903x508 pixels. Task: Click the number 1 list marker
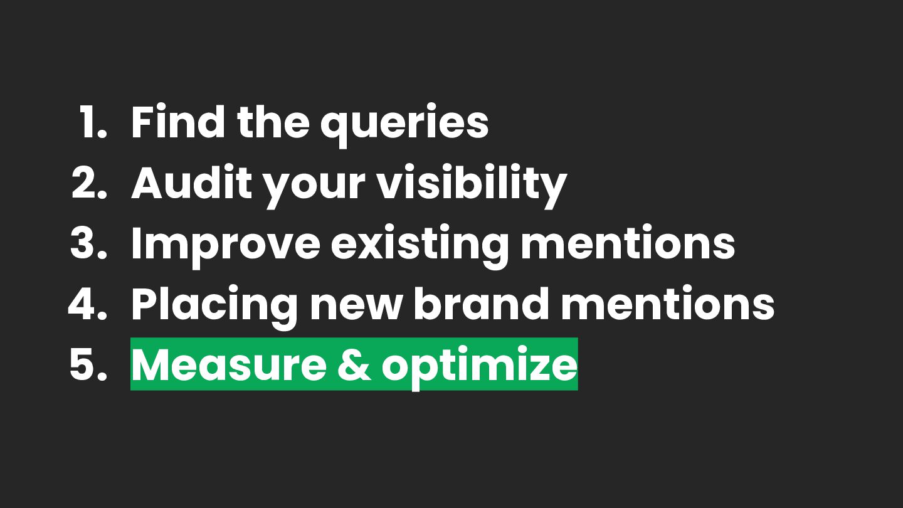pos(93,122)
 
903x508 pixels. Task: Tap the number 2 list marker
pos(89,183)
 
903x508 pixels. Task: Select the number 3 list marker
pos(88,243)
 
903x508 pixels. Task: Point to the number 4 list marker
pos(88,304)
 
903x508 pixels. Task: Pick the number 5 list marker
pos(88,364)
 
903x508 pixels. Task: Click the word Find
pos(178,122)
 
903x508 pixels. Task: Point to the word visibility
pos(472,186)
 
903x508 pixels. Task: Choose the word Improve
pos(226,246)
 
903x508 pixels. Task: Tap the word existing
pos(420,246)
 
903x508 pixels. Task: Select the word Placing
pos(214,307)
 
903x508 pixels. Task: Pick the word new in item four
pos(356,309)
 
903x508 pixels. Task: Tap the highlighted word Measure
pos(228,364)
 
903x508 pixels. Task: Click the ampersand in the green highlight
pos(354,364)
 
